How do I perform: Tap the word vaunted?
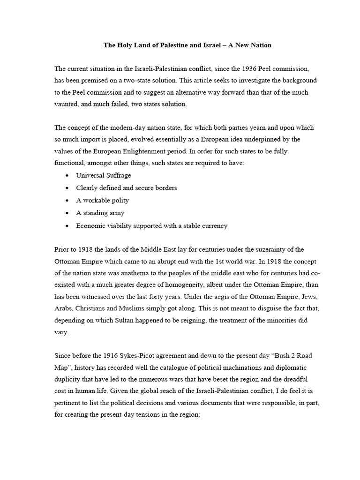pyautogui.click(x=67, y=104)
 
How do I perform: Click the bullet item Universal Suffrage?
pyautogui.click(x=104, y=175)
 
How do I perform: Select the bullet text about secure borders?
pyautogui.click(x=127, y=187)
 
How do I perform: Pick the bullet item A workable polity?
pyautogui.click(x=103, y=200)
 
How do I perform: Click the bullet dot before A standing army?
pyautogui.click(x=67, y=213)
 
